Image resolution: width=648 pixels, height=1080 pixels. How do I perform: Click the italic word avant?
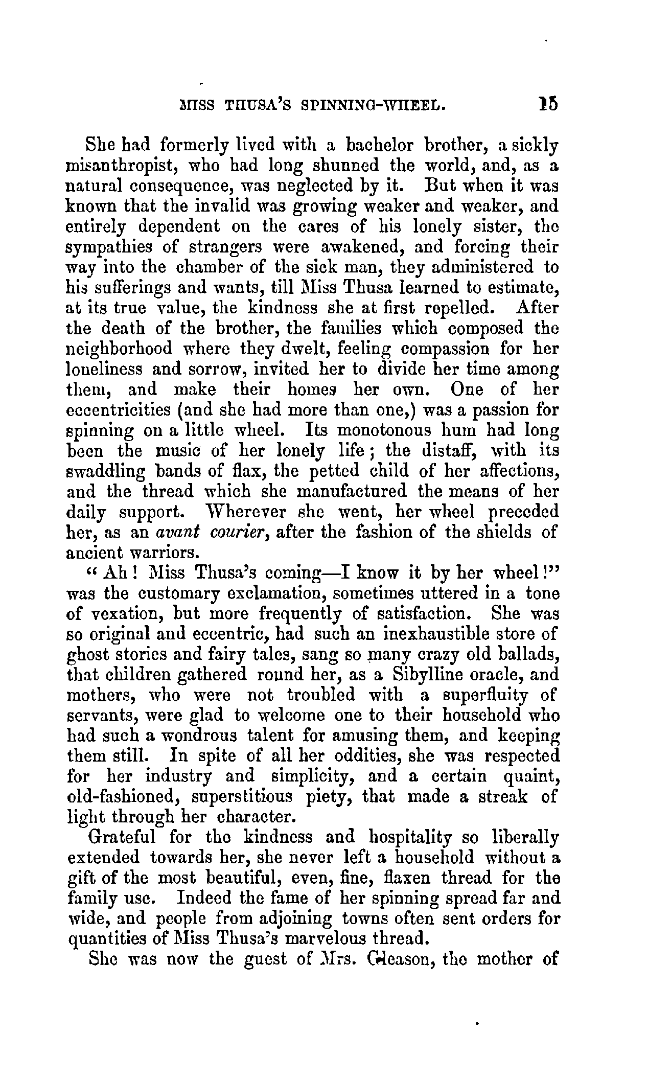pos(175,533)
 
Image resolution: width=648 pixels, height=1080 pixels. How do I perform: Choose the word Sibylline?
pos(441,675)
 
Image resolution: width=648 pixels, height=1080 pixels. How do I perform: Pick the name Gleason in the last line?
pos(395,959)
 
